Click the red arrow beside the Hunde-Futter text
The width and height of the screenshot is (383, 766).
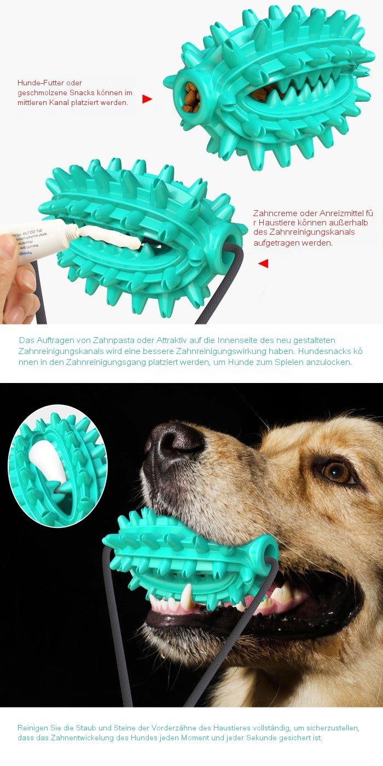point(147,99)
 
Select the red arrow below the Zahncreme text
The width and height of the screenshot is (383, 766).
point(263,263)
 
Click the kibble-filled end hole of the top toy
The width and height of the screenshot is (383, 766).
point(191,97)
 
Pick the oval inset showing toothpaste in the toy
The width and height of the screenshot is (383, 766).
point(58,466)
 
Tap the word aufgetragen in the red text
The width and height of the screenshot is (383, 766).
point(278,242)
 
